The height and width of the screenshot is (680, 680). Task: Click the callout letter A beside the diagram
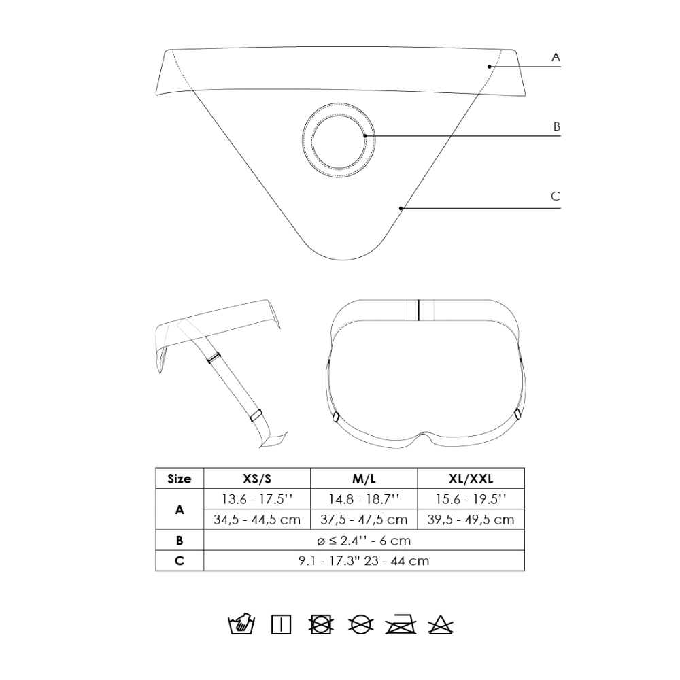coord(556,57)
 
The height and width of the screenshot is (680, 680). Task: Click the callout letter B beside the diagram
coord(557,126)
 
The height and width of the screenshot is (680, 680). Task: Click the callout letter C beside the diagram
coord(556,196)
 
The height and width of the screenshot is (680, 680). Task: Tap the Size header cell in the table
coord(180,479)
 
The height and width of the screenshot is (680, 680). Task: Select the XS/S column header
coord(257,479)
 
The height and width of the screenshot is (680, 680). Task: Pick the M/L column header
coord(364,479)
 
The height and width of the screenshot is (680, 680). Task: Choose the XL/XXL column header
coord(471,479)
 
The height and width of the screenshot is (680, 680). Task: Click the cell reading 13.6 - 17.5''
coord(257,499)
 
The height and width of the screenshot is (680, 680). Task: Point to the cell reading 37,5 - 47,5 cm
coord(364,520)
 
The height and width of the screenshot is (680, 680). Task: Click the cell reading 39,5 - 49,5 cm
coord(471,520)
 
